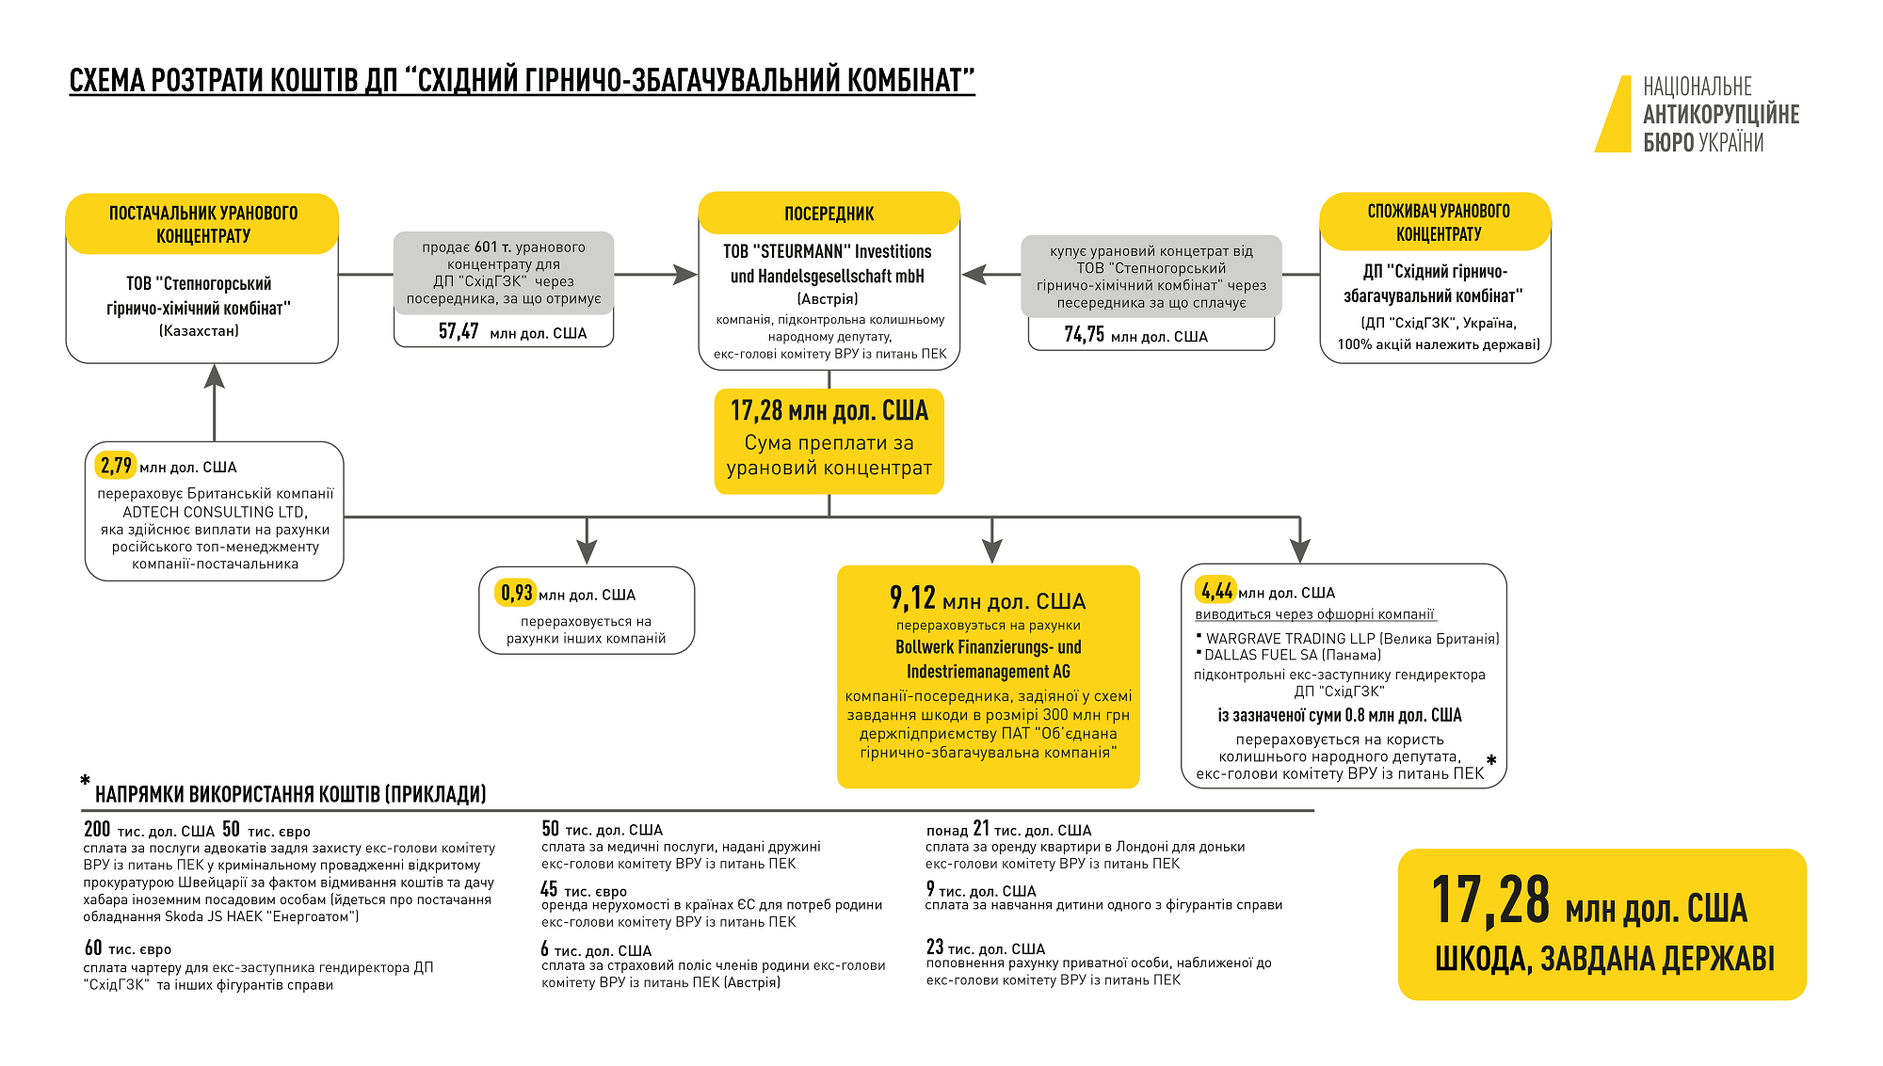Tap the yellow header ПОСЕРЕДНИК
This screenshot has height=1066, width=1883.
click(x=829, y=214)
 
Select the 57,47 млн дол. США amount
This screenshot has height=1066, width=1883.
click(x=511, y=332)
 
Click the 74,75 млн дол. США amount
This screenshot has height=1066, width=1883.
click(x=1135, y=335)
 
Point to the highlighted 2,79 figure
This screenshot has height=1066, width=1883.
click(x=117, y=466)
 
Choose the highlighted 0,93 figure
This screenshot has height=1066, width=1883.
click(x=516, y=594)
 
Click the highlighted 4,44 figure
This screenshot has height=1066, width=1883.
click(x=1216, y=591)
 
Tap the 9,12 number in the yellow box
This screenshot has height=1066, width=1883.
click(x=912, y=598)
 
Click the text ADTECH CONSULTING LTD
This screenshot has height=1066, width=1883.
click(x=215, y=512)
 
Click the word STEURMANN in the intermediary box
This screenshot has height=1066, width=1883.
click(x=803, y=251)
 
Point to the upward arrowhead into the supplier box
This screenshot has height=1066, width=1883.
click(x=215, y=376)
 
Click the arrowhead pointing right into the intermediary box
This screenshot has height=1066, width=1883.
click(x=685, y=275)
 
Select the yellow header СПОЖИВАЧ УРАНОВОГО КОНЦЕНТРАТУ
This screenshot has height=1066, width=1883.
click(x=1438, y=222)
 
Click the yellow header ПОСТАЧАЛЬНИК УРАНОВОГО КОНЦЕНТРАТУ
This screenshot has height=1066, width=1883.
click(x=202, y=224)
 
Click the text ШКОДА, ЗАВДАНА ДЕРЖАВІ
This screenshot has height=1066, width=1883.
click(x=1603, y=959)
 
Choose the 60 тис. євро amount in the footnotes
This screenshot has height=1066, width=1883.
click(x=128, y=948)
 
